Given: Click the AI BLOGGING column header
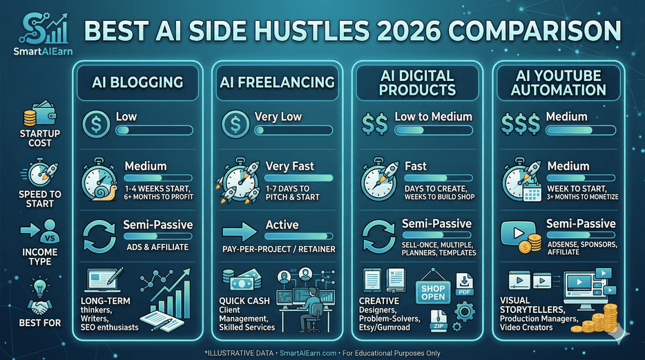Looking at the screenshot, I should click(x=137, y=82).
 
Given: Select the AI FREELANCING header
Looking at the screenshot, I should click(x=276, y=82).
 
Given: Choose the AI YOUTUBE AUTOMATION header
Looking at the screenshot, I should click(x=560, y=82).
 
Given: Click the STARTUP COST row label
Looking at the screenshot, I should click(x=39, y=138).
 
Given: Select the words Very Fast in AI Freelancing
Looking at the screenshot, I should click(x=289, y=167).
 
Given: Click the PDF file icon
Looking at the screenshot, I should click(x=465, y=285).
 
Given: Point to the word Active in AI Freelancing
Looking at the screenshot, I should click(x=282, y=225).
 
